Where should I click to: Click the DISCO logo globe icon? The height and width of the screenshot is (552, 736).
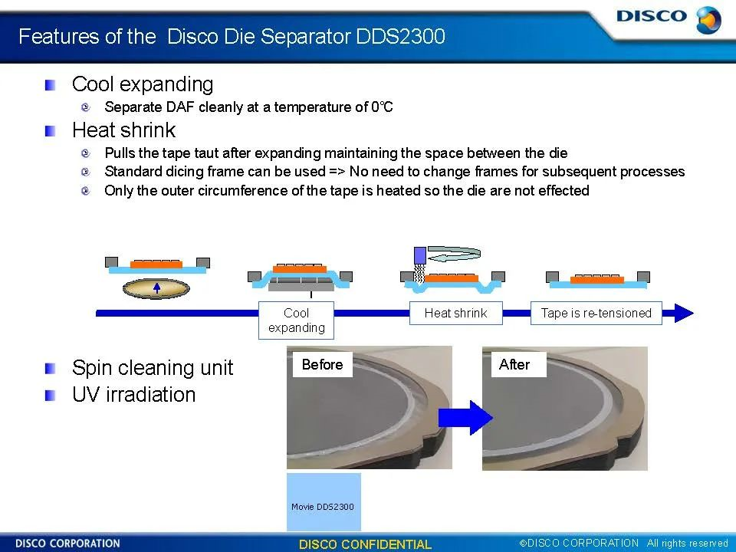click(x=708, y=20)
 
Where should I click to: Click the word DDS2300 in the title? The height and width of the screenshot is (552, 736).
click(x=400, y=37)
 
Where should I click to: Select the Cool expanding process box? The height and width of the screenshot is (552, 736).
click(x=296, y=320)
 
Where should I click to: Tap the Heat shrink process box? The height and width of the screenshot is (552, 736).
click(x=455, y=313)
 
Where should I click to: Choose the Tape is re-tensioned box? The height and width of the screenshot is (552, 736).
click(x=596, y=313)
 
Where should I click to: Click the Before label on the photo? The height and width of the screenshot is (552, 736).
click(x=323, y=364)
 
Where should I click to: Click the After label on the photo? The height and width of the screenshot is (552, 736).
click(x=514, y=364)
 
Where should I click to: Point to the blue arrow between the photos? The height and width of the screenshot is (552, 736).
click(x=465, y=417)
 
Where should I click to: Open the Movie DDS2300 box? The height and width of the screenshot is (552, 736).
click(x=324, y=501)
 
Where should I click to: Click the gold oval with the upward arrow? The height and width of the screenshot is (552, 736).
click(x=156, y=288)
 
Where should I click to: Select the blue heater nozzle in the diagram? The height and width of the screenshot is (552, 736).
click(x=420, y=255)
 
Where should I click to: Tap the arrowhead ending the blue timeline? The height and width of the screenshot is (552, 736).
click(x=684, y=313)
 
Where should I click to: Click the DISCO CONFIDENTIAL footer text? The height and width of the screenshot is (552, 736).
click(x=365, y=544)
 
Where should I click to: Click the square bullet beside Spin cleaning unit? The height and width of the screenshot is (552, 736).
click(x=51, y=369)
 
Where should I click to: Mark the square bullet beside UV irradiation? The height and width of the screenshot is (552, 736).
click(x=51, y=396)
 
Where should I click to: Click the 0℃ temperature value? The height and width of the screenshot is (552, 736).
click(x=382, y=107)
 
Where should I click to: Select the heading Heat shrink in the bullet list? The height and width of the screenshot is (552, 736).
click(x=124, y=130)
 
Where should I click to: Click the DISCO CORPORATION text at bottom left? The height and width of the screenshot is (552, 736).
click(x=67, y=544)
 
